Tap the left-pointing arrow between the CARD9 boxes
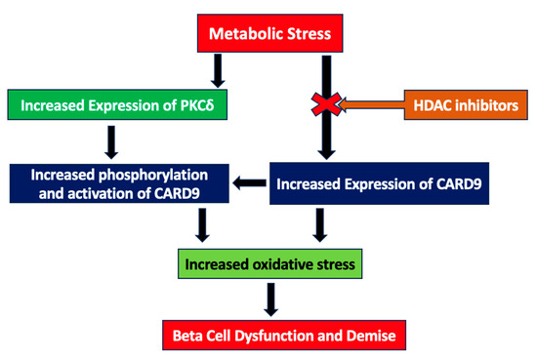click(248, 182)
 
